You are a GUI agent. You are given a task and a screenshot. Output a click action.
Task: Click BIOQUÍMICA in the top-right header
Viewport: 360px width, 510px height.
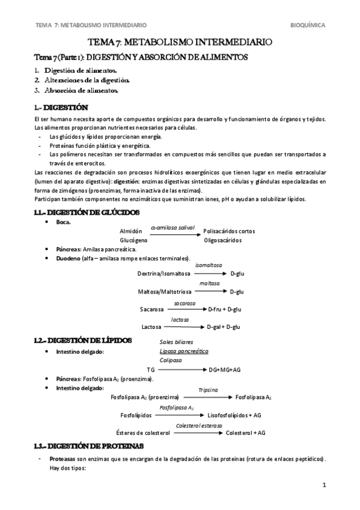[308, 25]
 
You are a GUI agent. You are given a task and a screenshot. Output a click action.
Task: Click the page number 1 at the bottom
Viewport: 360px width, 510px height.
[323, 485]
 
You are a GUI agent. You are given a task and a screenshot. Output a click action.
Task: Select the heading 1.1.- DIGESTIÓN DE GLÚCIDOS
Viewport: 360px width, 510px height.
[87, 212]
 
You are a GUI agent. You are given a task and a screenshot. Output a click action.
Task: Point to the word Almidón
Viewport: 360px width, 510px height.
[130, 231]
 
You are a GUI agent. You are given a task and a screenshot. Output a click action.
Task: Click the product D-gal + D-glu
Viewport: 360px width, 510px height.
[223, 327]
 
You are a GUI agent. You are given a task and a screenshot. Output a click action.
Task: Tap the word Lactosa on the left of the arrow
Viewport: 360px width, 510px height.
[151, 327]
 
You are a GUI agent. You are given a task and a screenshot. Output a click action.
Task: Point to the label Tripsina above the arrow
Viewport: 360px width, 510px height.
[208, 390]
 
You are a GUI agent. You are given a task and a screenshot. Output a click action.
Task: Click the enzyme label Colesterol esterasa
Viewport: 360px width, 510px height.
[199, 426]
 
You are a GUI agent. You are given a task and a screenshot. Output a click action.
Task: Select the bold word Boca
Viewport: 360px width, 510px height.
[64, 223]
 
